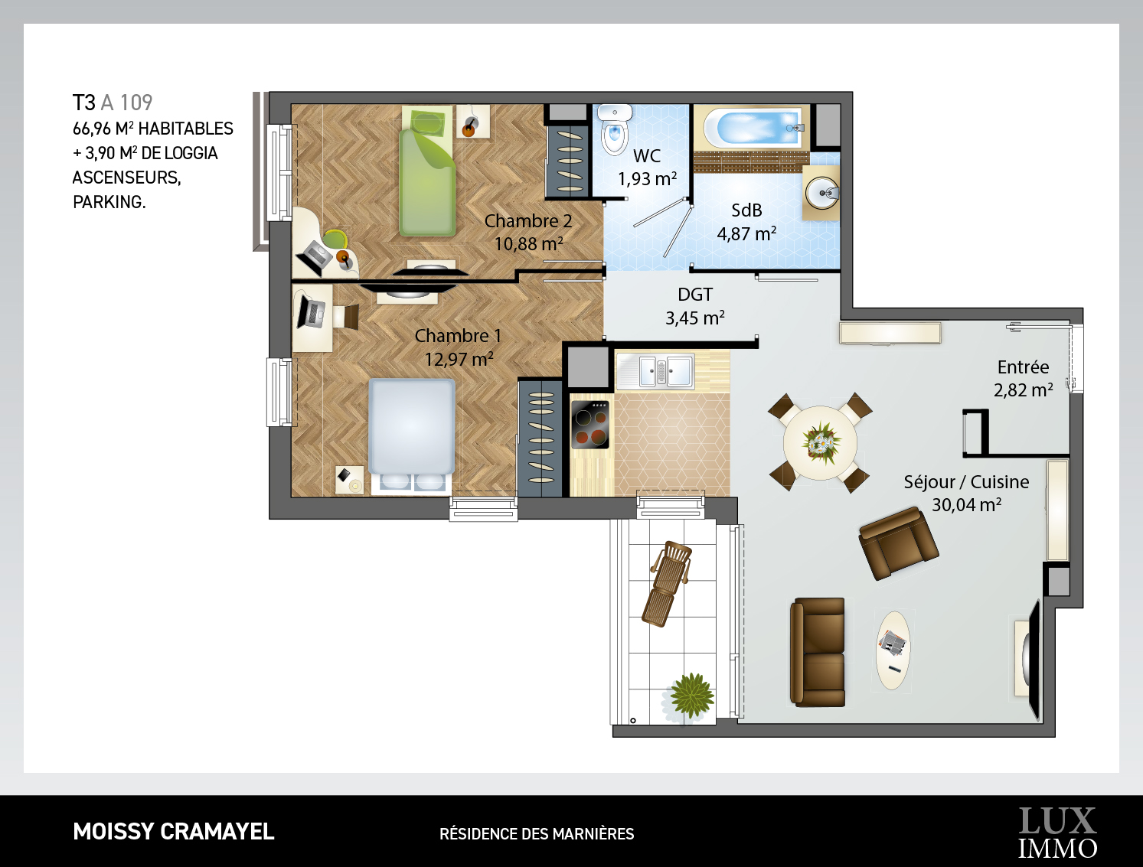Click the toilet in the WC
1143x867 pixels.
[x=615, y=129]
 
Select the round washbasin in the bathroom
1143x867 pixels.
[x=822, y=193]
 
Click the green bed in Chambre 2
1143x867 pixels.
[x=427, y=171]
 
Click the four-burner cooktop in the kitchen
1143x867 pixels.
[x=590, y=424]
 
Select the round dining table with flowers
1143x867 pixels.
[x=820, y=443]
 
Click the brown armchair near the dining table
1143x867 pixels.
[x=899, y=543]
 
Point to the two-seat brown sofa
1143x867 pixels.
[x=818, y=652]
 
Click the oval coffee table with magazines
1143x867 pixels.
[x=893, y=650]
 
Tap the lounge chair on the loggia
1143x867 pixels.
[x=667, y=584]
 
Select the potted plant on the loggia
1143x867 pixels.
[x=691, y=696]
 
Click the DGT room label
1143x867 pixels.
[x=694, y=295]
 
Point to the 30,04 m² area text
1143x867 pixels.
[x=966, y=505]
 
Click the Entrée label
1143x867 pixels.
[x=1024, y=367]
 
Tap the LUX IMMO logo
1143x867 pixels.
[x=1057, y=833]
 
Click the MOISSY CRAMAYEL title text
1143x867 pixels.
[x=174, y=832]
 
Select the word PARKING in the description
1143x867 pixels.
[x=109, y=202]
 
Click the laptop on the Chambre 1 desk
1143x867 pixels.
[x=310, y=311]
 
